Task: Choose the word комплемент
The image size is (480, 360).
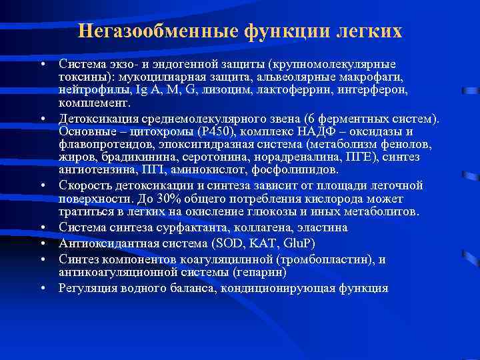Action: tap(94, 103)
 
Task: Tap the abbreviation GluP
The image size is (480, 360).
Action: tap(301, 243)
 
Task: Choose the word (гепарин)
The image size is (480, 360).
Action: tap(241, 273)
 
